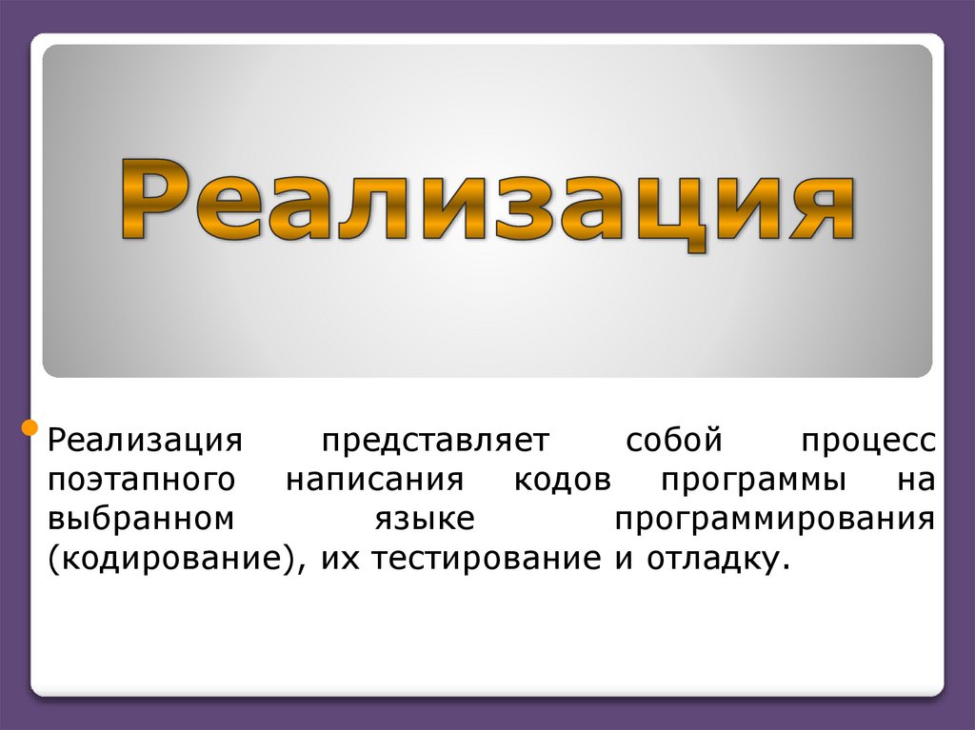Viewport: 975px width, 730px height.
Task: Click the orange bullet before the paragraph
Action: coord(30,424)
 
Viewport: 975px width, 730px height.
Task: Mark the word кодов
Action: coord(562,480)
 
